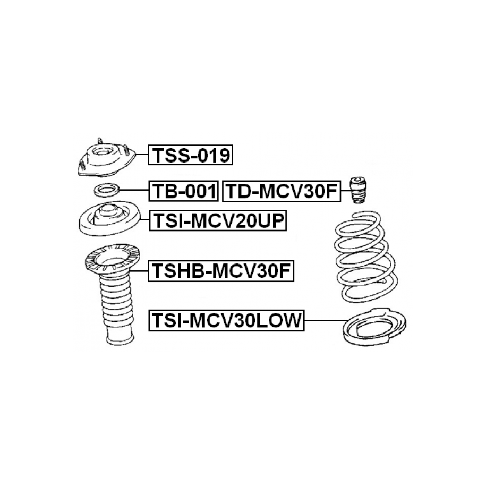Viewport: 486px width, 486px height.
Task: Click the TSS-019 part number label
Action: pyautogui.click(x=190, y=155)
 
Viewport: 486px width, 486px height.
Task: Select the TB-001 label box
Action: pyautogui.click(x=184, y=191)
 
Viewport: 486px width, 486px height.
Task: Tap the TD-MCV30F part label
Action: pyautogui.click(x=282, y=191)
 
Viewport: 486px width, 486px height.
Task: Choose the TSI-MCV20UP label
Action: pyautogui.click(x=218, y=220)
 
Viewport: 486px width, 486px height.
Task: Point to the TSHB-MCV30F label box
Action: pyautogui.click(x=221, y=271)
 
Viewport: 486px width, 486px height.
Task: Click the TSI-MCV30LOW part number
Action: pyautogui.click(x=226, y=320)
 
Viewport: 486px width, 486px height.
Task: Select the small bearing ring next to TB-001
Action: pyautogui.click(x=107, y=190)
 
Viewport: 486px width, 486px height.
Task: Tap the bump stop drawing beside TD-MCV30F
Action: pyautogui.click(x=357, y=190)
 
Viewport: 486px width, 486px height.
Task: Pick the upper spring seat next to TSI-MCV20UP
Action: pyautogui.click(x=109, y=218)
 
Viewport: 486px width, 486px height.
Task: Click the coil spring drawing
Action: pyautogui.click(x=366, y=257)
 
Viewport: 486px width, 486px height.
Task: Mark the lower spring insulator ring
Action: pyautogui.click(x=374, y=327)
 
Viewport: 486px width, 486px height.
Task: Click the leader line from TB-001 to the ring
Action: pyautogui.click(x=134, y=190)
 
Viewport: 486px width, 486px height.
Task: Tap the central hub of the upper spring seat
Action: pyautogui.click(x=108, y=215)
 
